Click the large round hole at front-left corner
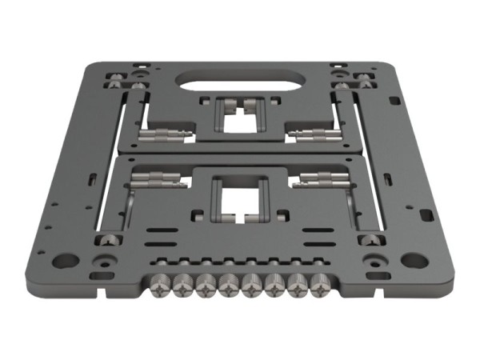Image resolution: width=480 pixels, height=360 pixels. (65, 261)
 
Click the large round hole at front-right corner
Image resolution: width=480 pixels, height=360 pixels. (414, 260)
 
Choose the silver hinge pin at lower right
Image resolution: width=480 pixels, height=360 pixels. (322, 179)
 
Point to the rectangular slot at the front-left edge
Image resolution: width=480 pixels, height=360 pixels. (102, 276)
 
